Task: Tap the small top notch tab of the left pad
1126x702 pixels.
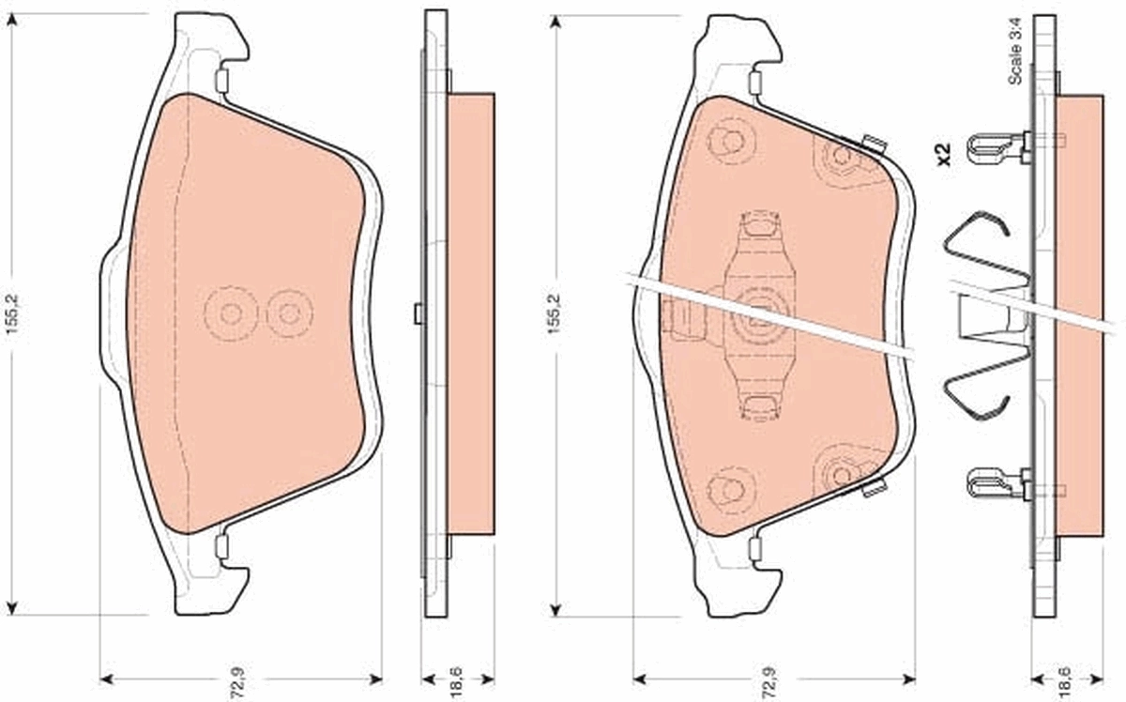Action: pos(221,81)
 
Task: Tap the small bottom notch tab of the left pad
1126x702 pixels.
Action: pos(221,545)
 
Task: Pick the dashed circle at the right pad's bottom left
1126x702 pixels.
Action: pos(730,488)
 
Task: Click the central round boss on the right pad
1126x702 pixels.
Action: pos(758,315)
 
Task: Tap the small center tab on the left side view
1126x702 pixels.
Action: pos(418,314)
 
